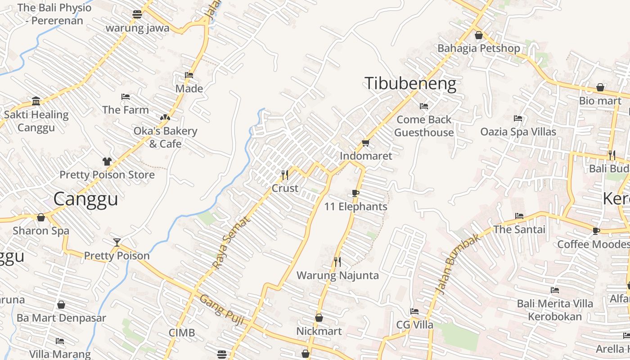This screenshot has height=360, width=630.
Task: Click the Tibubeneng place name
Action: (x=410, y=84)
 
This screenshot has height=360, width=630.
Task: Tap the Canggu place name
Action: (x=85, y=199)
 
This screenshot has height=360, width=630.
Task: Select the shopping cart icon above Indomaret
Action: (x=365, y=143)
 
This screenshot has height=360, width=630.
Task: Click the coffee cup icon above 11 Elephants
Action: (x=355, y=193)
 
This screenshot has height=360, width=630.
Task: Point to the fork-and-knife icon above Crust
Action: (x=285, y=175)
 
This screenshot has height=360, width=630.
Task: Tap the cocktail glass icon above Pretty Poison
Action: (x=117, y=243)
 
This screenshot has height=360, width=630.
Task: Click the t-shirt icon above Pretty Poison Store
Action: (x=107, y=161)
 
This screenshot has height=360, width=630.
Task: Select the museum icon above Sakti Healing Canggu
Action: (x=36, y=101)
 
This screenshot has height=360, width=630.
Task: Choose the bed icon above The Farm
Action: (x=126, y=97)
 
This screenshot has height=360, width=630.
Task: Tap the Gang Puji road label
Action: (x=221, y=310)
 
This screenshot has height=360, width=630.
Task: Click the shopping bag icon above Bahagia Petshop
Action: (x=479, y=35)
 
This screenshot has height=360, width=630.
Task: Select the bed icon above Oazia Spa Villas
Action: (x=518, y=118)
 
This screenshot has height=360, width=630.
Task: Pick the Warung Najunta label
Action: (x=337, y=275)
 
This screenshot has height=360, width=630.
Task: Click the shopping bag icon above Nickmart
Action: (x=319, y=318)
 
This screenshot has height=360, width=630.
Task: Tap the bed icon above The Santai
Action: (x=519, y=216)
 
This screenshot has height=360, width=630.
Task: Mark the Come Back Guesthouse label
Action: (x=424, y=126)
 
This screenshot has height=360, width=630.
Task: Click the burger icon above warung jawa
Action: (x=137, y=14)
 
